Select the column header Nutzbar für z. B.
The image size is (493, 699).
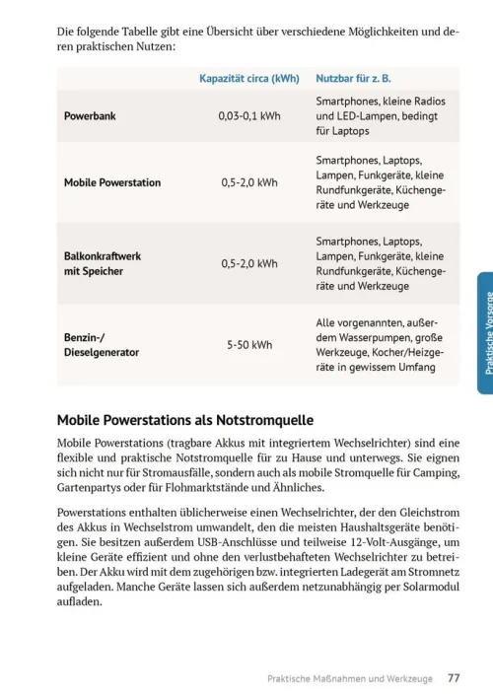[353, 78]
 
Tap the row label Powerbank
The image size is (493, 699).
[90, 115]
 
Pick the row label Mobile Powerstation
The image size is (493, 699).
[112, 182]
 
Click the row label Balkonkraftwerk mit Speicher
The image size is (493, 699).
[102, 263]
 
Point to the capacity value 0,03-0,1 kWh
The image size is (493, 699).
[248, 115]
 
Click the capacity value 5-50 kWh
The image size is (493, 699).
[248, 345]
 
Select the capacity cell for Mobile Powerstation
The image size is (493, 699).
[248, 182]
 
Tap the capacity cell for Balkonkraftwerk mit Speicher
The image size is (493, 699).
[248, 263]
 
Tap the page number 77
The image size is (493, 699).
[453, 677]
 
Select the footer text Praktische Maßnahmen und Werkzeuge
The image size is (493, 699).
[350, 678]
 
